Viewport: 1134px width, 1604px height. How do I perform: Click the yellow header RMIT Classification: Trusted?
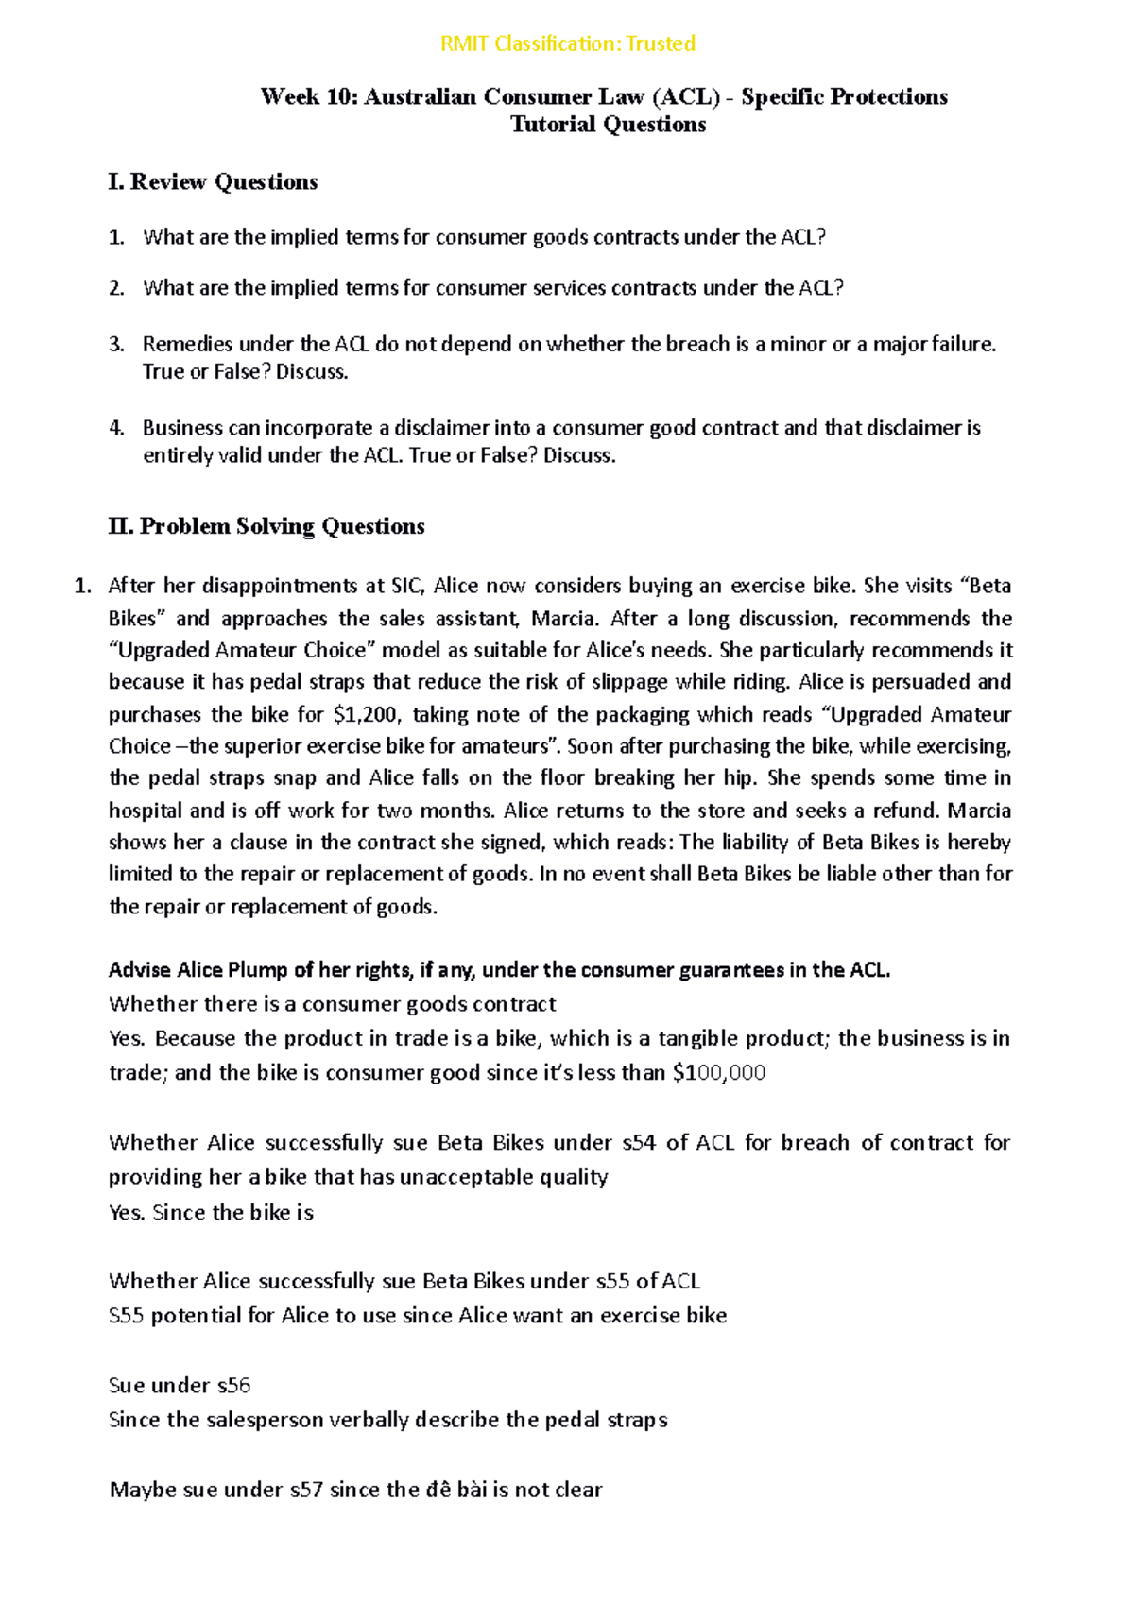point(567,43)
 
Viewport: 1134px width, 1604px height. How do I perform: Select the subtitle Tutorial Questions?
point(608,125)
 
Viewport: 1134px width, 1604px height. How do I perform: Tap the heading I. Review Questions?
point(213,181)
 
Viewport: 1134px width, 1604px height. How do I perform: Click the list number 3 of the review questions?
point(115,344)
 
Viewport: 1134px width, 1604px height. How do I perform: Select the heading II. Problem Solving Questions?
point(266,526)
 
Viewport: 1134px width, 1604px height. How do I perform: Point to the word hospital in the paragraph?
point(146,811)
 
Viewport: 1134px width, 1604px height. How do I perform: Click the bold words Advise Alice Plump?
point(198,970)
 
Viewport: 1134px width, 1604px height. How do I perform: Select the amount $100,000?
point(718,1073)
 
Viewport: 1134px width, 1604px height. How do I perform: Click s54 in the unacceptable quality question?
point(639,1143)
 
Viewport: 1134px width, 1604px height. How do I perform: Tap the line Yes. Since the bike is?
point(211,1213)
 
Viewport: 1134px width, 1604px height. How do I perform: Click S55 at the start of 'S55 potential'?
point(126,1316)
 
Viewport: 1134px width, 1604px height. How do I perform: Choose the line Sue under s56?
point(180,1386)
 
